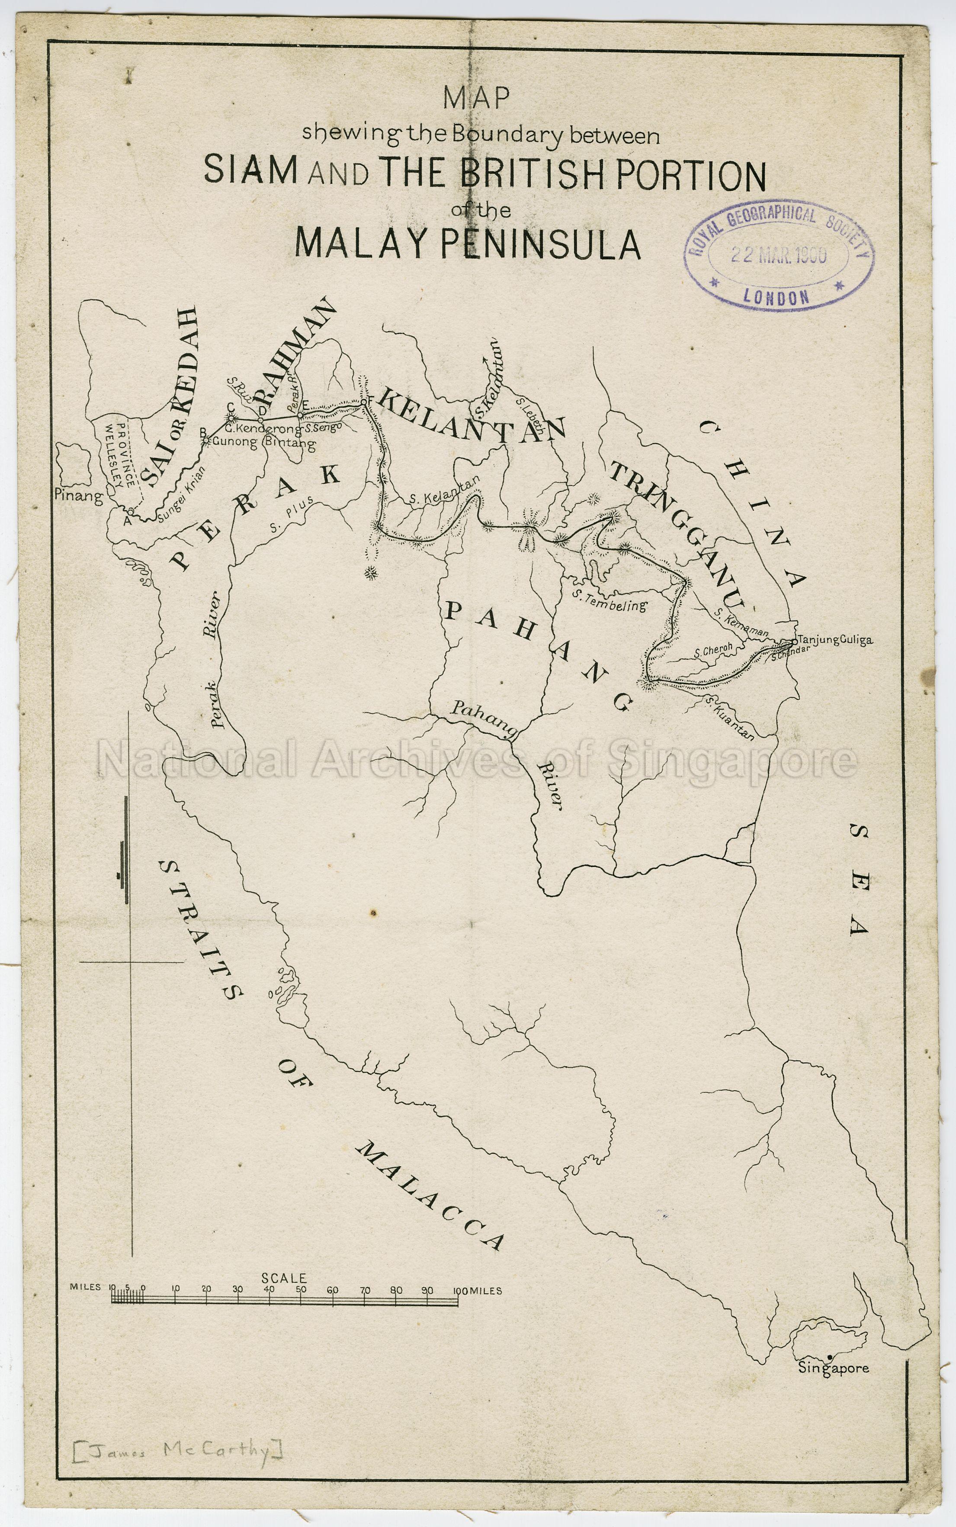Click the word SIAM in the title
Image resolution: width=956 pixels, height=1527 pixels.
coord(250,170)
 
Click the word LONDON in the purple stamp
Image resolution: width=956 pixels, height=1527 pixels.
coord(776,296)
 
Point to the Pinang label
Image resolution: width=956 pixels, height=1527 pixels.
coord(78,496)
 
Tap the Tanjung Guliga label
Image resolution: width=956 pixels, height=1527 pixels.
coord(836,640)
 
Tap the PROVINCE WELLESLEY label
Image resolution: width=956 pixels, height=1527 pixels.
coord(120,454)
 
